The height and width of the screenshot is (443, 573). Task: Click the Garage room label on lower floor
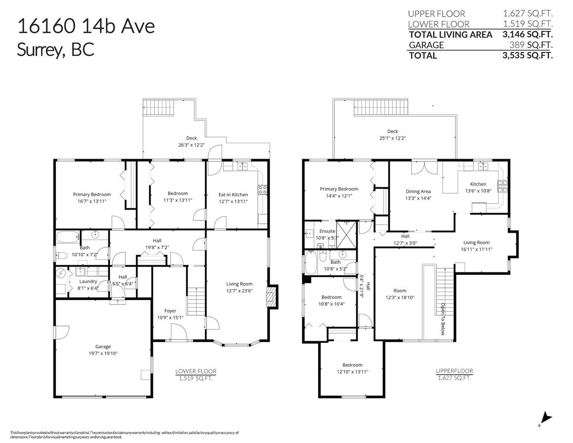click(x=103, y=346)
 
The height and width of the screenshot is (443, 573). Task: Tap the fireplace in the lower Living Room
click(x=271, y=296)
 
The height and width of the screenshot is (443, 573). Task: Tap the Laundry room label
click(x=88, y=281)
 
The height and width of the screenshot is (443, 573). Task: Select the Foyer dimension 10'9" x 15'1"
click(x=170, y=318)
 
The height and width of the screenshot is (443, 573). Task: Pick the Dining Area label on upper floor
click(x=418, y=191)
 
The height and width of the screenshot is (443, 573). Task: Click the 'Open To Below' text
click(x=443, y=319)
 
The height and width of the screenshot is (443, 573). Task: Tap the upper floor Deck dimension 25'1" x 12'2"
click(x=393, y=138)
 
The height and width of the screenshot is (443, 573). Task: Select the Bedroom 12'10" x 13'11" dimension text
click(x=352, y=371)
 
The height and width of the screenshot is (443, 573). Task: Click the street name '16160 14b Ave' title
click(x=86, y=26)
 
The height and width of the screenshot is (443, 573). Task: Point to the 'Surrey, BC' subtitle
click(x=55, y=49)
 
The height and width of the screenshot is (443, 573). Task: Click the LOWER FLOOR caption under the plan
click(x=196, y=371)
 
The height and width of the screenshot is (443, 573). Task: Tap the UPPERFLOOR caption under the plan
click(x=454, y=370)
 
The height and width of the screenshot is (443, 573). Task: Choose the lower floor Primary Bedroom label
click(x=92, y=194)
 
